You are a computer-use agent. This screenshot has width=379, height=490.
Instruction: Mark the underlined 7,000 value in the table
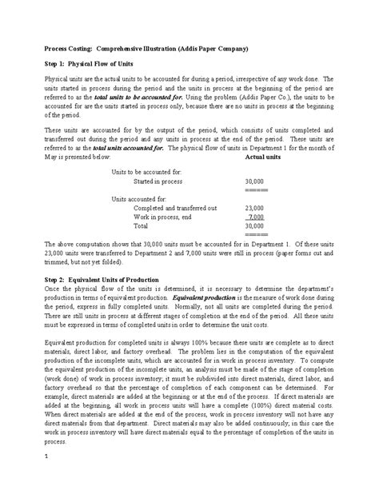tap(257, 217)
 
